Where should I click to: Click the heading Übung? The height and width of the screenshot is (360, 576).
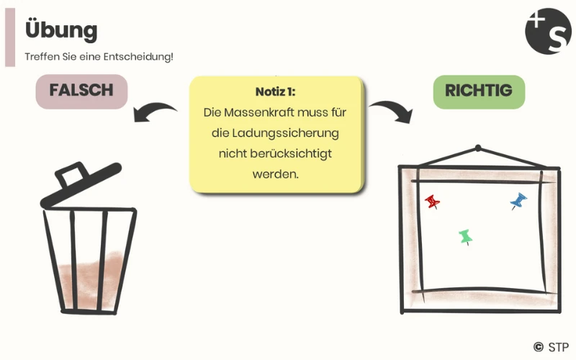coord(60,30)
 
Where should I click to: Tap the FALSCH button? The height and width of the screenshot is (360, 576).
coord(81,91)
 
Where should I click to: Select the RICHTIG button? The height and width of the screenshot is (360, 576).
coord(478,91)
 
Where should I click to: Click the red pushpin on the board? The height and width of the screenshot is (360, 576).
coord(432,201)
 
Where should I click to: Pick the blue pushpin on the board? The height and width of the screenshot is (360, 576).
coord(518,200)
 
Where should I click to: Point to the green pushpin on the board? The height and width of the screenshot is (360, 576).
coord(465,236)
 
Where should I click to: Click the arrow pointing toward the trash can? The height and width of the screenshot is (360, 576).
coord(154,112)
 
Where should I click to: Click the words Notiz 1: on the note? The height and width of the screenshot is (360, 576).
coord(275,92)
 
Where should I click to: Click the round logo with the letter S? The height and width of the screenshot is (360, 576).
coord(548,31)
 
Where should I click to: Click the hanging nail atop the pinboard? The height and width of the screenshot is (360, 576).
coord(477,149)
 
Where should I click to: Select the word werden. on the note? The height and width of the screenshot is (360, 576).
coord(275,174)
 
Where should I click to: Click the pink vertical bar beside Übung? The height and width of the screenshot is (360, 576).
coord(9,40)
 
